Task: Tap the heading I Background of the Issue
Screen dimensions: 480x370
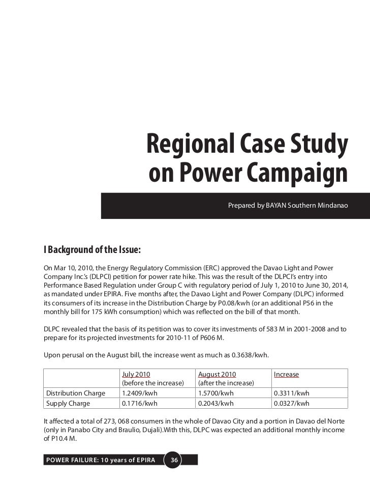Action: point(92,250)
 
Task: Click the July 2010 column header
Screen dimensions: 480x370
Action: point(136,375)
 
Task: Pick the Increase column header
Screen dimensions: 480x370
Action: point(286,375)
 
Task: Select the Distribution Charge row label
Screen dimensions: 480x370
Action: point(76,393)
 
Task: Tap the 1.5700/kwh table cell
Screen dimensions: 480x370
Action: point(215,393)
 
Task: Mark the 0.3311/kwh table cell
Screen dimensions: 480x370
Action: point(291,393)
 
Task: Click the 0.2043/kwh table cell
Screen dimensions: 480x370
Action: point(215,404)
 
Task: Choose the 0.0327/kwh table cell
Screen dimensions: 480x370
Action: point(291,404)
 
